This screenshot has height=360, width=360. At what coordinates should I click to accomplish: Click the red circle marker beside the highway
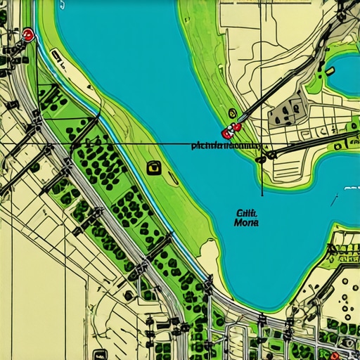[x=27, y=34]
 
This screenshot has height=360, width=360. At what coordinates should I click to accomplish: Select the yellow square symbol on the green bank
[x=153, y=167]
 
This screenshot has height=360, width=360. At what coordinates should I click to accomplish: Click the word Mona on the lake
[x=245, y=221]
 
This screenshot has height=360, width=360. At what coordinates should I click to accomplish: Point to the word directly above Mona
[x=246, y=211]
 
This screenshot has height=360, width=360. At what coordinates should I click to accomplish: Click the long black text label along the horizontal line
[x=225, y=147]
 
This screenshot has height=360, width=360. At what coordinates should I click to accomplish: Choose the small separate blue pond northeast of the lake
[x=345, y=74]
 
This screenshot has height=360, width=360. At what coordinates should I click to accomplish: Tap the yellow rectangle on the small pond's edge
[x=329, y=70]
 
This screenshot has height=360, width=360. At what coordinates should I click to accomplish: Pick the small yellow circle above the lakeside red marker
[x=232, y=112]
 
